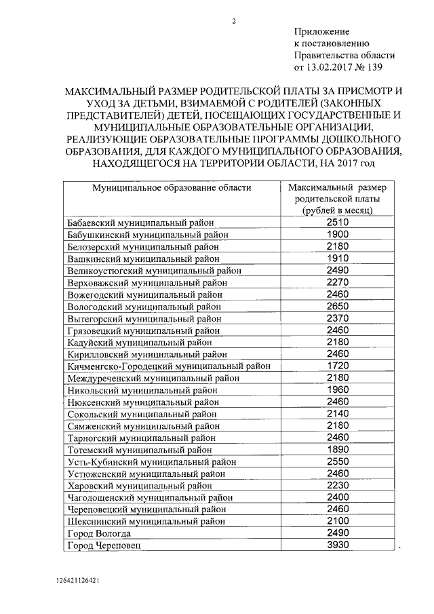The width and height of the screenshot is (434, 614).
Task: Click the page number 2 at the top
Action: (234, 20)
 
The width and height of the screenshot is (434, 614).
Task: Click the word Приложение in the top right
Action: (321, 32)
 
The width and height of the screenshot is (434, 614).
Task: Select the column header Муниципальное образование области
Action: (172, 187)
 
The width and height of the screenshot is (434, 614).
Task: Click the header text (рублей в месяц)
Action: (337, 211)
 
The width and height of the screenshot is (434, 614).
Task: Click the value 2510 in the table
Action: (337, 223)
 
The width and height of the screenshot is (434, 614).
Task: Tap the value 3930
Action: (337, 546)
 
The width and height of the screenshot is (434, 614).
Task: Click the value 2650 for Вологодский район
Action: (337, 307)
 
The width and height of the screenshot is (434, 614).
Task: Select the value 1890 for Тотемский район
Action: (337, 450)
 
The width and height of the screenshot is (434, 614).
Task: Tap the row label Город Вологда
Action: (99, 534)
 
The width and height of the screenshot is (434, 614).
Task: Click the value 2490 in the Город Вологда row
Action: (337, 534)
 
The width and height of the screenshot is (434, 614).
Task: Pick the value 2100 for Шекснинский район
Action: (337, 522)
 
